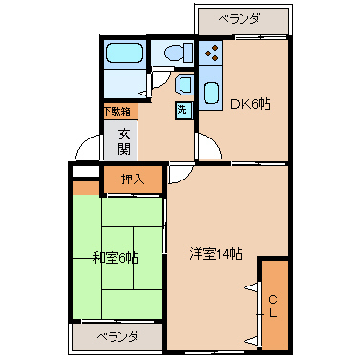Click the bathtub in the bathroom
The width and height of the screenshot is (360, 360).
(124, 53)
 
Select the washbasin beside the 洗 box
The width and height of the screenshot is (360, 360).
(184, 84)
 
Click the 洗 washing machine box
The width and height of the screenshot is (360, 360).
(183, 110)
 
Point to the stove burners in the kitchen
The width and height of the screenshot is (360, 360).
(211, 53)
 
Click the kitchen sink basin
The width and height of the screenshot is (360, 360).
(211, 93)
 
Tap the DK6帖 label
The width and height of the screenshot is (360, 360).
(250, 104)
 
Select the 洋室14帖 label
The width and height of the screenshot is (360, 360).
(216, 254)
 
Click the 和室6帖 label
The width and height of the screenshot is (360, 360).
(116, 257)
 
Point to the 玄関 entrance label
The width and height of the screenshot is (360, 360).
(124, 141)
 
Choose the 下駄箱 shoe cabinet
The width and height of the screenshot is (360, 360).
(117, 111)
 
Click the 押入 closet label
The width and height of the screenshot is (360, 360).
(133, 180)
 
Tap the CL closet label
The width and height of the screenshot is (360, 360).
(273, 307)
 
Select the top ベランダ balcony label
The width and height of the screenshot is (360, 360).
(239, 20)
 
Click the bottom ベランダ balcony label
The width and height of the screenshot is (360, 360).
(117, 336)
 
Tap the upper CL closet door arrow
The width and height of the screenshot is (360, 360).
(251, 287)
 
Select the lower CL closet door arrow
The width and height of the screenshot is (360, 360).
(251, 341)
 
